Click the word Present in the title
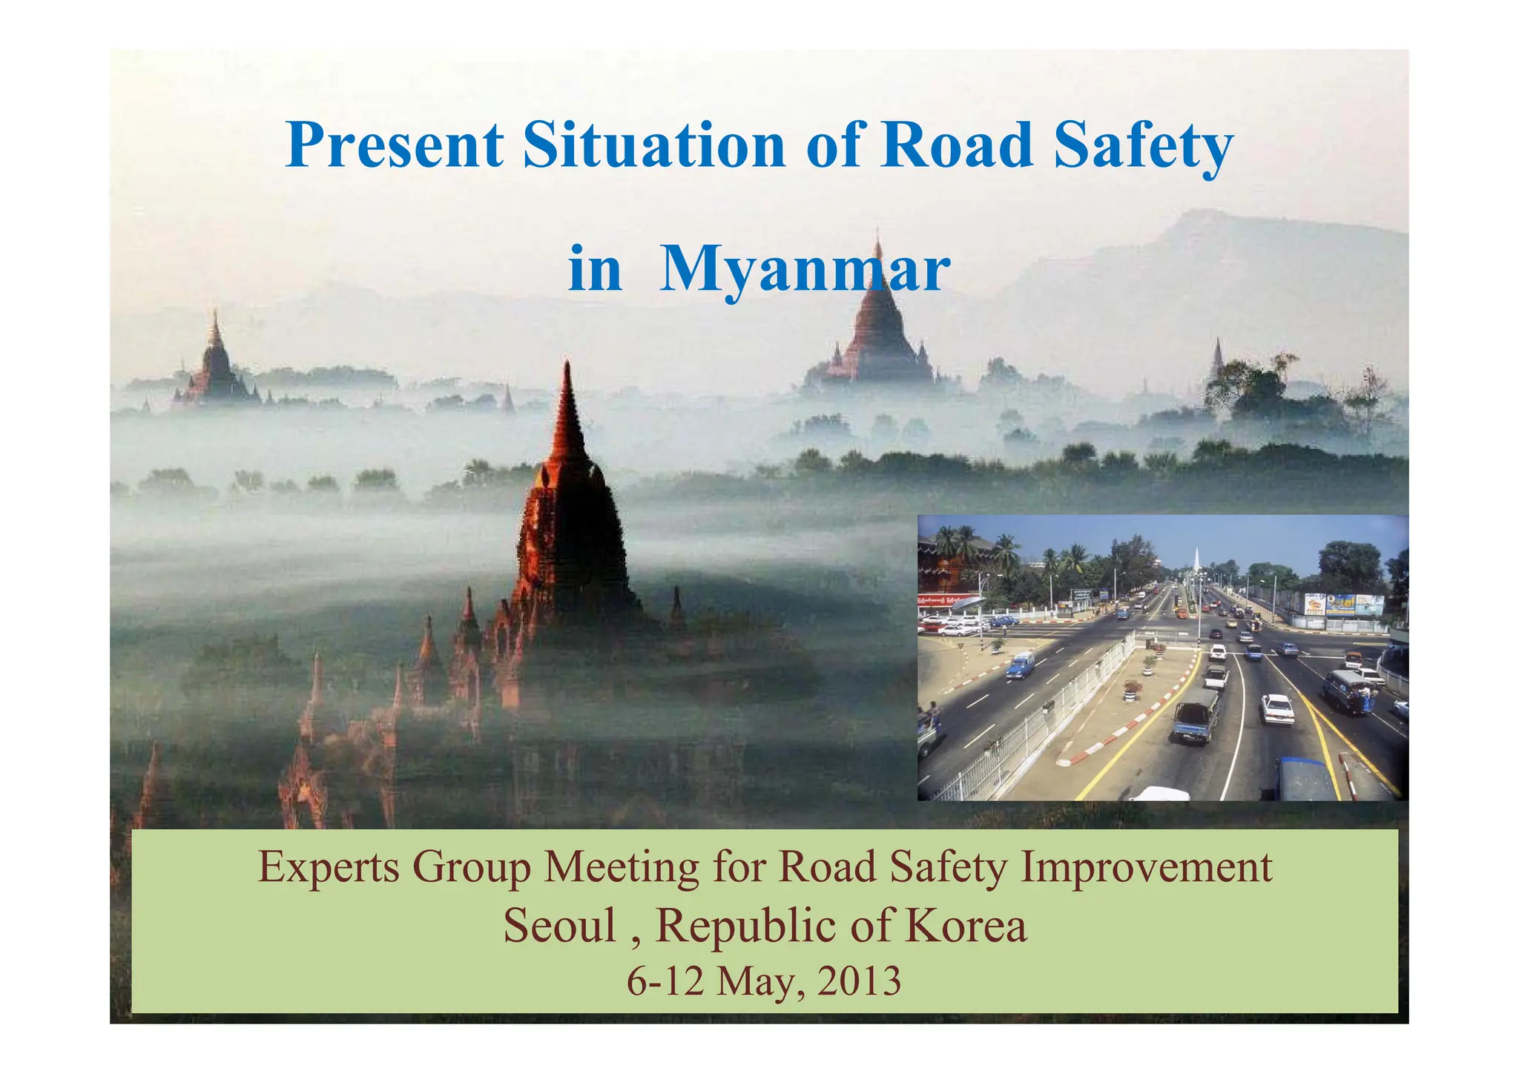(x=395, y=145)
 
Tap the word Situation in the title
(x=654, y=145)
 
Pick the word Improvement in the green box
(x=1147, y=868)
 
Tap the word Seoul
(x=559, y=926)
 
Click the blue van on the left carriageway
(x=1021, y=665)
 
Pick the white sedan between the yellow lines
(x=1277, y=708)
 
